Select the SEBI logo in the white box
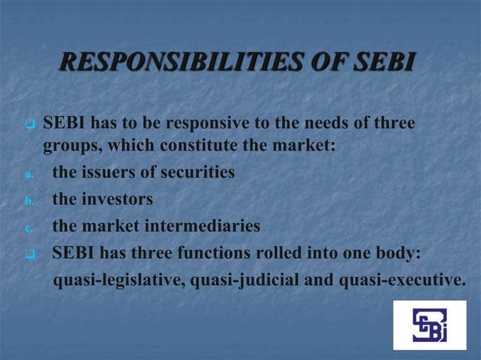tap(429, 325)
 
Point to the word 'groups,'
tap(71, 145)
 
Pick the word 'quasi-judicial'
tap(243, 280)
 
